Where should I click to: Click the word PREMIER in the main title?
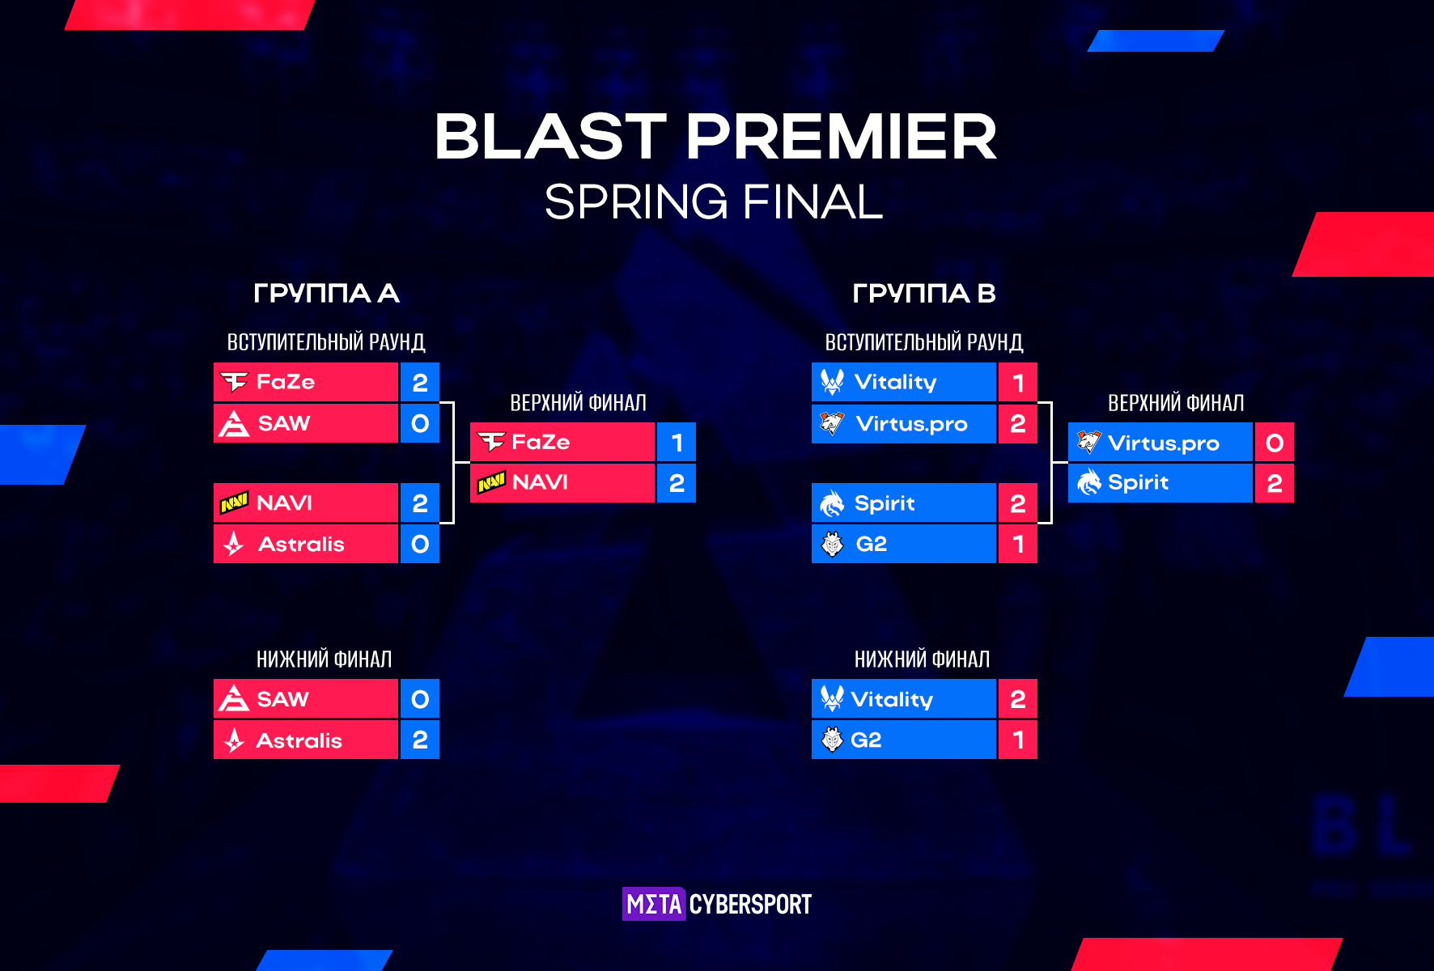[x=842, y=136]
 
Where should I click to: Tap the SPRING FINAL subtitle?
[x=714, y=201]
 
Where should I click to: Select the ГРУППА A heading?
[x=326, y=293]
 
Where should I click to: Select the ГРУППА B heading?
[x=924, y=293]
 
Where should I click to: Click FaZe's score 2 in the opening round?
[x=420, y=382]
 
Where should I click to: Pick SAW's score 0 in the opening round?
[x=420, y=423]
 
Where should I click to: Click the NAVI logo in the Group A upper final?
[x=491, y=482]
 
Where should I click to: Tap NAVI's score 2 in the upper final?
[x=677, y=483]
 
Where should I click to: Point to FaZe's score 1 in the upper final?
[x=677, y=443]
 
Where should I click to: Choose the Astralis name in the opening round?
[x=301, y=545]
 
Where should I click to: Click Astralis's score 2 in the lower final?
[x=420, y=740]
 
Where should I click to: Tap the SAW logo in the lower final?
[x=234, y=698]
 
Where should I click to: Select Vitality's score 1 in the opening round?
[x=1018, y=382]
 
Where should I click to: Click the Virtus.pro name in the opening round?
[x=911, y=424]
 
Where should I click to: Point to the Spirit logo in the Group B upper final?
[x=1088, y=482]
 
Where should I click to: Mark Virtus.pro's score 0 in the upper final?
[x=1275, y=443]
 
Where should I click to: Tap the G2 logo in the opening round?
[x=832, y=544]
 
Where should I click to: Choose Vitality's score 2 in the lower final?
[x=1018, y=698]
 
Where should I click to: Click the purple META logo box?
[x=654, y=904]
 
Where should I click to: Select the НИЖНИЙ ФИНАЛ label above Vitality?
[x=923, y=659]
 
